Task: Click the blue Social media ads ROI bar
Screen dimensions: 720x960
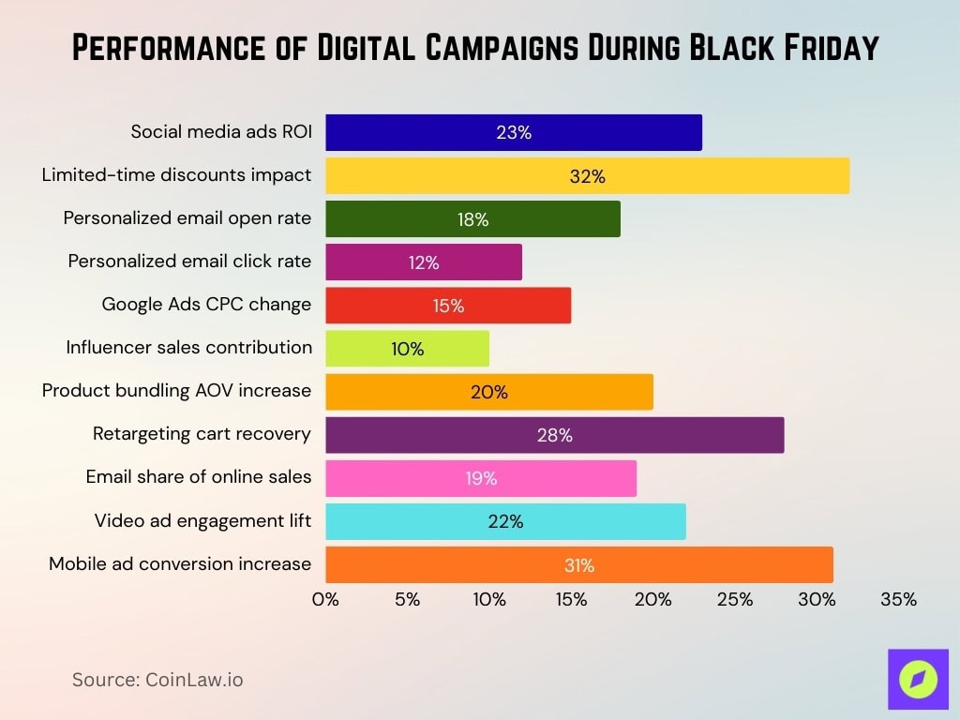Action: click(x=514, y=132)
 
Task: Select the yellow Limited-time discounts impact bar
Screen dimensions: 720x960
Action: click(x=587, y=175)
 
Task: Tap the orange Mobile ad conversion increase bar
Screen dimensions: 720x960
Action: click(x=578, y=564)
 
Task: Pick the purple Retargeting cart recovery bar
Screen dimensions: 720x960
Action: click(x=554, y=435)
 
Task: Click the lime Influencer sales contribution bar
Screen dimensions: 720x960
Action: click(x=407, y=349)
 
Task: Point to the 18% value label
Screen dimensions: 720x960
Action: click(x=473, y=219)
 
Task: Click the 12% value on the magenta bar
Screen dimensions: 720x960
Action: click(x=424, y=262)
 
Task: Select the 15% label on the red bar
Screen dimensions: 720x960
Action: click(x=448, y=306)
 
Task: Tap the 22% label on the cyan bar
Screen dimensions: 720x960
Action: click(x=505, y=521)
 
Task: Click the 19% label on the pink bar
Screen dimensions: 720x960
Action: click(x=481, y=478)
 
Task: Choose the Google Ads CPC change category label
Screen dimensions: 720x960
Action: click(x=206, y=305)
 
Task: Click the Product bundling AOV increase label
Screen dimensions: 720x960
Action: click(x=176, y=390)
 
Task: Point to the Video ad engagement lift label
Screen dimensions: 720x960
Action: click(x=202, y=519)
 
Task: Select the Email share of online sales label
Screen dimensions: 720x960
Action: click(x=198, y=476)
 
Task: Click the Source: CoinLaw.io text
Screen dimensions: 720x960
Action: click(x=157, y=680)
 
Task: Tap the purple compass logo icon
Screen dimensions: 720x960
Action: click(x=917, y=679)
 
